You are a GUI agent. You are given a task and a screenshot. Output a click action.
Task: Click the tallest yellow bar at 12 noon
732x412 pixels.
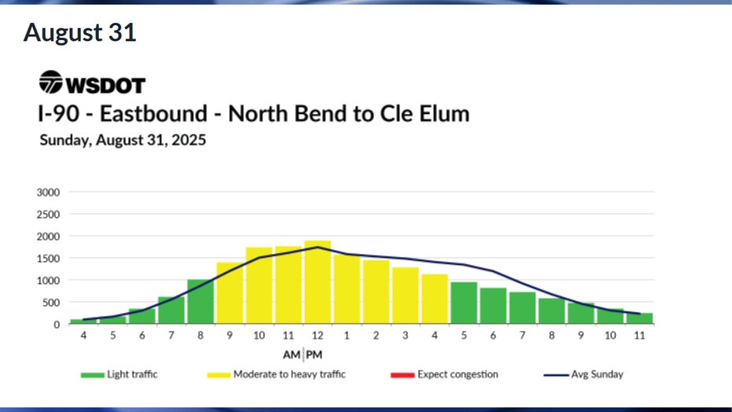317,282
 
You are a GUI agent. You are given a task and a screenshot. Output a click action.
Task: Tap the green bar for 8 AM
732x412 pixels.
200,302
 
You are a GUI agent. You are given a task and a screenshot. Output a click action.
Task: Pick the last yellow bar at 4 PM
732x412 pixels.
434,299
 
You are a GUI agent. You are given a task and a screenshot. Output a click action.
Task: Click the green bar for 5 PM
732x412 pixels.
463,303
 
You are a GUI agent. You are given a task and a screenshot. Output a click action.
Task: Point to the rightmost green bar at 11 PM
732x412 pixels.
639,318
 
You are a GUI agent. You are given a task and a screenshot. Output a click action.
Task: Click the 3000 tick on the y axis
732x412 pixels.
48,192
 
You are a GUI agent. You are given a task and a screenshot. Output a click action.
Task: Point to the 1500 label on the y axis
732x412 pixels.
48,258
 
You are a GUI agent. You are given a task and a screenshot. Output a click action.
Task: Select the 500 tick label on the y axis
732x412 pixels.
50,302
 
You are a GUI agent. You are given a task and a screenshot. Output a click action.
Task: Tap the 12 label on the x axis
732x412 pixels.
317,336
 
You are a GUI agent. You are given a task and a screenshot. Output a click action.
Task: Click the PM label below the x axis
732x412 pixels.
314,353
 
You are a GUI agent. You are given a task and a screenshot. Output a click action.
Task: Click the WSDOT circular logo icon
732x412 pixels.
51,83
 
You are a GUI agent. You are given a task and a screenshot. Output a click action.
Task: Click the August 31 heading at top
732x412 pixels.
80,33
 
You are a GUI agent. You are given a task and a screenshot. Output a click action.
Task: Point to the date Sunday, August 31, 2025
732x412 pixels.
123,142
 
